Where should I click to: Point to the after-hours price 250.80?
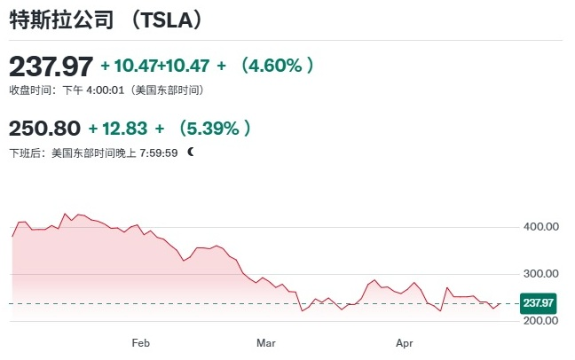[44, 129]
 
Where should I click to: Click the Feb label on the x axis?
[140, 341]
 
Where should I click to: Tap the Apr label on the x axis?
[405, 341]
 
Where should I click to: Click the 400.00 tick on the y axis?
[540, 227]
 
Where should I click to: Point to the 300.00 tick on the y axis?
[540, 274]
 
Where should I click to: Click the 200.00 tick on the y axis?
[540, 321]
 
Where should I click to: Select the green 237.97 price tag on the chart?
[539, 302]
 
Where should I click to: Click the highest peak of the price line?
[65, 214]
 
